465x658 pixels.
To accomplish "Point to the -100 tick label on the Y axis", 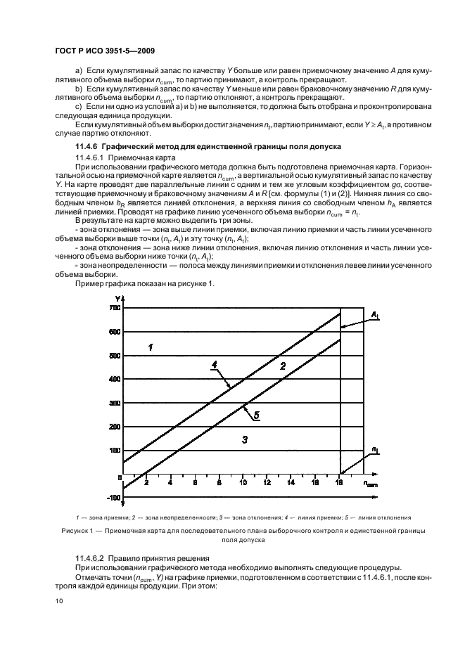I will click(111, 498).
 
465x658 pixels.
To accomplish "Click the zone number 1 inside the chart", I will click(150, 346).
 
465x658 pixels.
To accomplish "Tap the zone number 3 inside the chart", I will click(244, 439).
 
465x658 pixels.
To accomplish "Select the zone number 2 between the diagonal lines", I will click(283, 366).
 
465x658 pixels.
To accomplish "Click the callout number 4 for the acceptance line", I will click(213, 364).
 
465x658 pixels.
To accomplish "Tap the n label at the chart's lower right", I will click(376, 449).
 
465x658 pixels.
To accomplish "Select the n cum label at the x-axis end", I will click(369, 484).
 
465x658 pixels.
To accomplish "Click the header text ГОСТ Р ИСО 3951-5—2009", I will click(103, 51).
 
